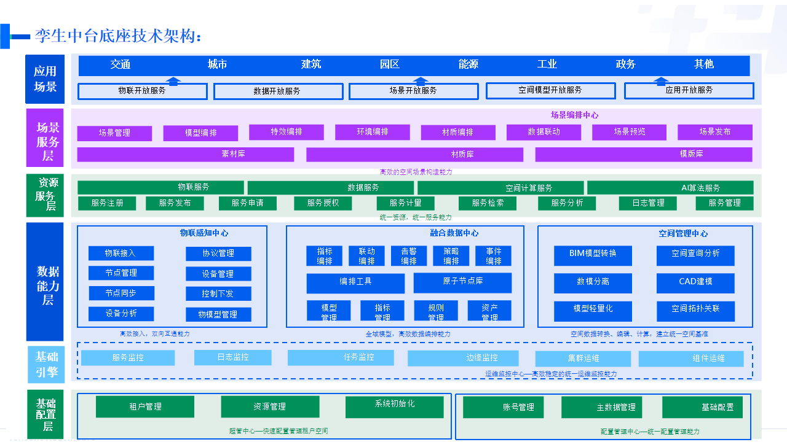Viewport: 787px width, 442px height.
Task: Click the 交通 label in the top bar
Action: (121, 64)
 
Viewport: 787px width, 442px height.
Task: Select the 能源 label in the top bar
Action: (469, 64)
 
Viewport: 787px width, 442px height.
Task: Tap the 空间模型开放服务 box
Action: (550, 90)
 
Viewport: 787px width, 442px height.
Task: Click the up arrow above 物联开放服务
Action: (174, 80)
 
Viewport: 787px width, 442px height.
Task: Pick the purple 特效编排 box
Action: (287, 132)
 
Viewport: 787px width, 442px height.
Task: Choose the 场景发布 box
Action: (715, 132)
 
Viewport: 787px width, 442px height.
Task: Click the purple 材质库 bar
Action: (414, 154)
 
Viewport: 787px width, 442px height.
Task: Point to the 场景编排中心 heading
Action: (574, 115)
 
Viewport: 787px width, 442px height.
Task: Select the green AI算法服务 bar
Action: (670, 187)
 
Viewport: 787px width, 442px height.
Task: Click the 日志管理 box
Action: (647, 203)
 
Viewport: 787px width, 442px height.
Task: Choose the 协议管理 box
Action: (218, 254)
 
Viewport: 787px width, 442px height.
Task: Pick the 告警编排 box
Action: (409, 256)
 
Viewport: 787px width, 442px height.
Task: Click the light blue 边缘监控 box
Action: (463, 358)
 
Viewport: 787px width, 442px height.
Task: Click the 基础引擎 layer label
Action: (46, 364)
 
